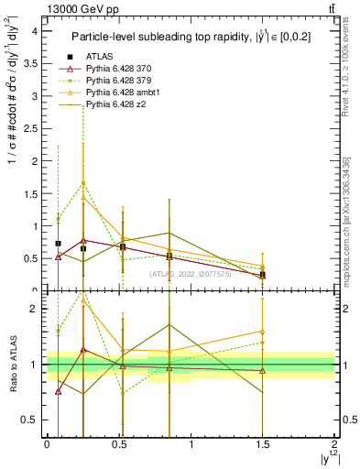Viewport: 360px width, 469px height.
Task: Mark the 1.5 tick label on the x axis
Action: (x=263, y=443)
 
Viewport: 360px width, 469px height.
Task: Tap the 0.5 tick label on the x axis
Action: (x=119, y=443)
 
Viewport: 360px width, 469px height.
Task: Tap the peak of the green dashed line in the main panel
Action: (x=83, y=182)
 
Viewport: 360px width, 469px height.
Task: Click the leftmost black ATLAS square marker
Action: (x=59, y=244)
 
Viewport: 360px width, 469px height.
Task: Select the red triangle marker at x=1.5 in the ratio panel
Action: (x=263, y=371)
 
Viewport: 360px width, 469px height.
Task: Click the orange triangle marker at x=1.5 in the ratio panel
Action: (x=263, y=332)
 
